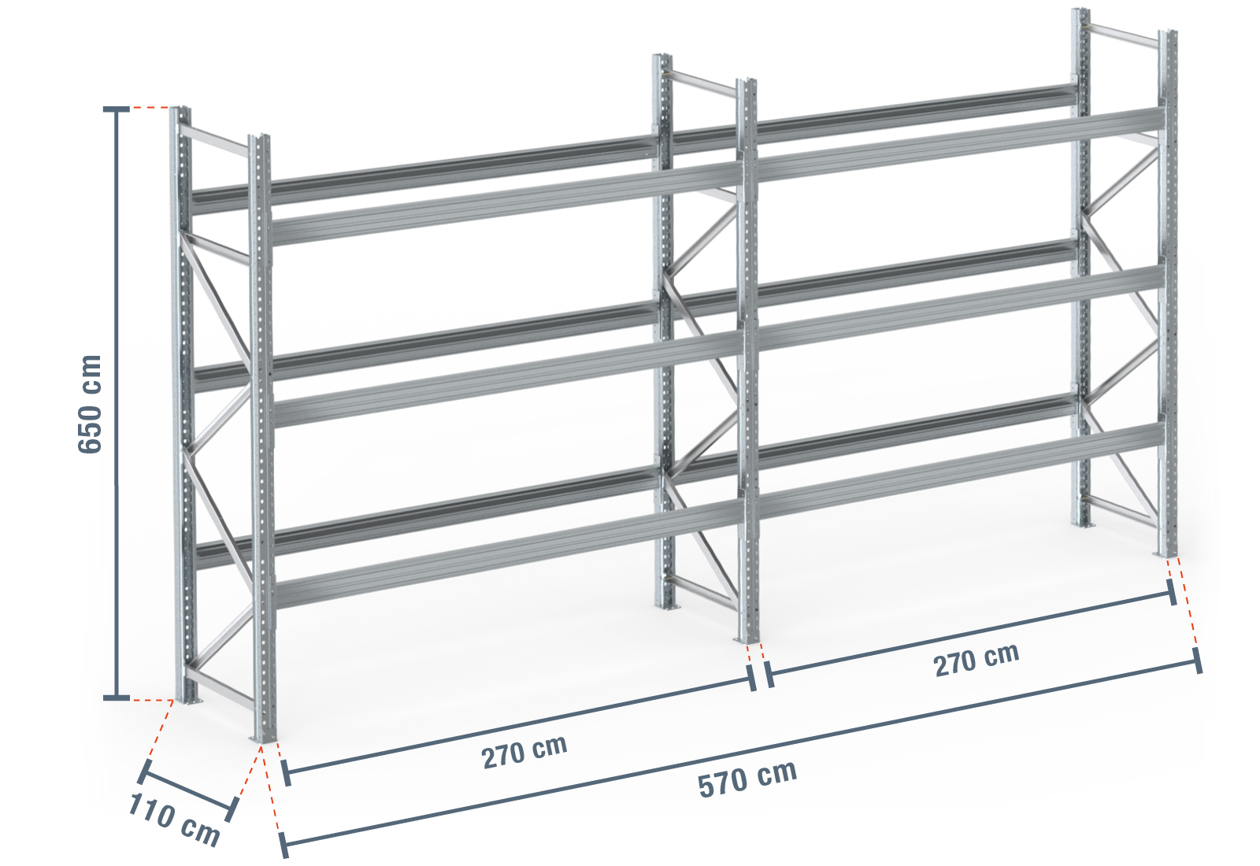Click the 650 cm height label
(90, 405)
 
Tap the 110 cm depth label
(174, 820)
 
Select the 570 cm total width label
(747, 779)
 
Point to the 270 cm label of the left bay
(524, 751)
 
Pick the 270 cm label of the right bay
(976, 659)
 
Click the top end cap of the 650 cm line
(117, 109)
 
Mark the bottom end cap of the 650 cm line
(117, 698)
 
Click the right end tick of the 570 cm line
(1198, 661)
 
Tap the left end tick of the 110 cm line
(144, 772)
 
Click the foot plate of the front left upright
(263, 739)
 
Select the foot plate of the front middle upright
(747, 640)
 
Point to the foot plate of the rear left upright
(187, 700)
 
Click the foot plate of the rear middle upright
(668, 607)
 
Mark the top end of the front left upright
(259, 136)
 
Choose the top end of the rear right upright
(1080, 10)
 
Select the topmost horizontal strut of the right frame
(1124, 35)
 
